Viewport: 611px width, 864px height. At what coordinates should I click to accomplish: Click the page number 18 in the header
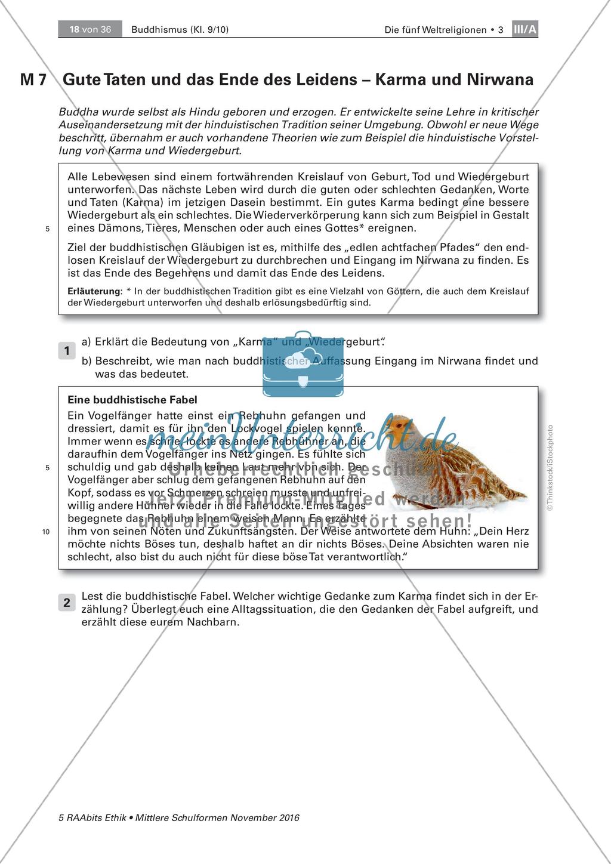point(75,29)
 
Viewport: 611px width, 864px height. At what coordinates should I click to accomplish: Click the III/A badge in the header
point(525,29)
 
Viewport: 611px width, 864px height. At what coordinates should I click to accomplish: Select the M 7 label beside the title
point(33,80)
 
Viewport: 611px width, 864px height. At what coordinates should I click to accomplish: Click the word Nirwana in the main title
point(499,79)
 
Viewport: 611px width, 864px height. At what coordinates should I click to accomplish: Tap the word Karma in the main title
point(400,79)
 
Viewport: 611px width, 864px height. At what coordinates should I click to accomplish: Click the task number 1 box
point(67,351)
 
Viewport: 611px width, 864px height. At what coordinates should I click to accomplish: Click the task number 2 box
point(67,603)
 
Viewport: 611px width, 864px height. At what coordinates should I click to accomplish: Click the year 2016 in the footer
point(286,817)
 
